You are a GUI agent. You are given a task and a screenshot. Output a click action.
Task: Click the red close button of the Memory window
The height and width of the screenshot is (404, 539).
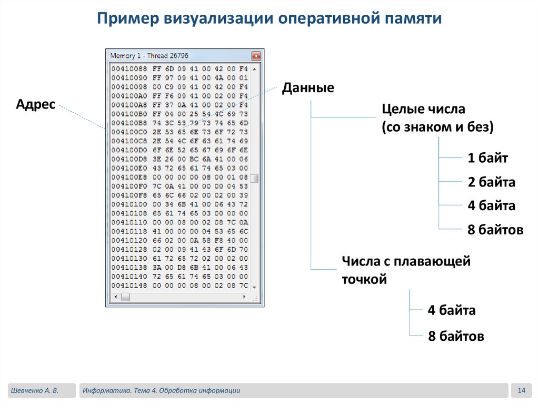pos(256,56)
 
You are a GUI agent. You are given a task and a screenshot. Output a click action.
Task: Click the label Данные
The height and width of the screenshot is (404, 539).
pos(308,87)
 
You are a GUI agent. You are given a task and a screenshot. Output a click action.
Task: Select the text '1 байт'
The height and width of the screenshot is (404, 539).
pos(488,158)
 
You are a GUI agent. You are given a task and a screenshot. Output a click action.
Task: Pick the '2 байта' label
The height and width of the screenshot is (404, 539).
pos(491,182)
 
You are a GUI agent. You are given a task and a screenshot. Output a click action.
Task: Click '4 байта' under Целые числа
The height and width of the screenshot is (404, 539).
pos(491,205)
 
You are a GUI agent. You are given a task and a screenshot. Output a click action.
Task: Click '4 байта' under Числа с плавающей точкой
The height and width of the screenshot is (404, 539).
pos(452,310)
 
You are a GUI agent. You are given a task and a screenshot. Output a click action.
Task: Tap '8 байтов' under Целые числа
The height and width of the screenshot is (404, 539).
pos(495,230)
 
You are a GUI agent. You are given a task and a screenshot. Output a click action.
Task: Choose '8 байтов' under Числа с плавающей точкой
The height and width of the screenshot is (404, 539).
pos(456,336)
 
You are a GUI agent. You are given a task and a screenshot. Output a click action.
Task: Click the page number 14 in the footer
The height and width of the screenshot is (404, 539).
pos(522,390)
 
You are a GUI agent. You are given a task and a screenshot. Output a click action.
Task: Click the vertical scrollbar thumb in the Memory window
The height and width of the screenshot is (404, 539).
pos(254,178)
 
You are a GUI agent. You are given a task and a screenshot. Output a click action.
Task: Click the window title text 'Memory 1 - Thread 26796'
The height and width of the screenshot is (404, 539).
pos(149,56)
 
